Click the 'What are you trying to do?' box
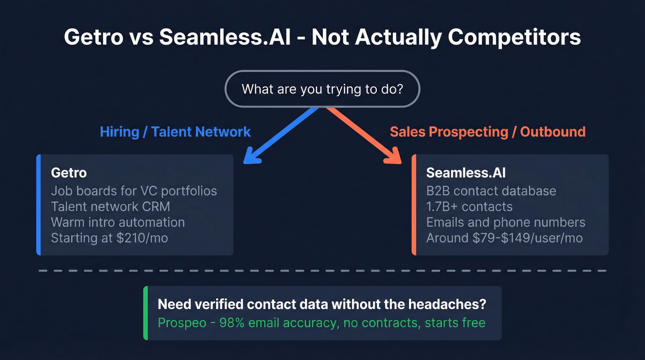coord(322,89)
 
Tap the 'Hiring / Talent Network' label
coord(175,132)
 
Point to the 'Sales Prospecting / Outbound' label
coord(487,132)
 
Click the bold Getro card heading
coord(69,173)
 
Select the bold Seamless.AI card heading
coord(465,173)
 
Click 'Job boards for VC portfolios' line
coord(134,191)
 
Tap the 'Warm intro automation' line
coord(117,222)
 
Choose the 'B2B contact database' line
coord(491,191)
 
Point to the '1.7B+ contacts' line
coord(469,207)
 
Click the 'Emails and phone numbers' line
coord(505,222)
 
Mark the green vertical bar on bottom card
coord(146,313)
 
